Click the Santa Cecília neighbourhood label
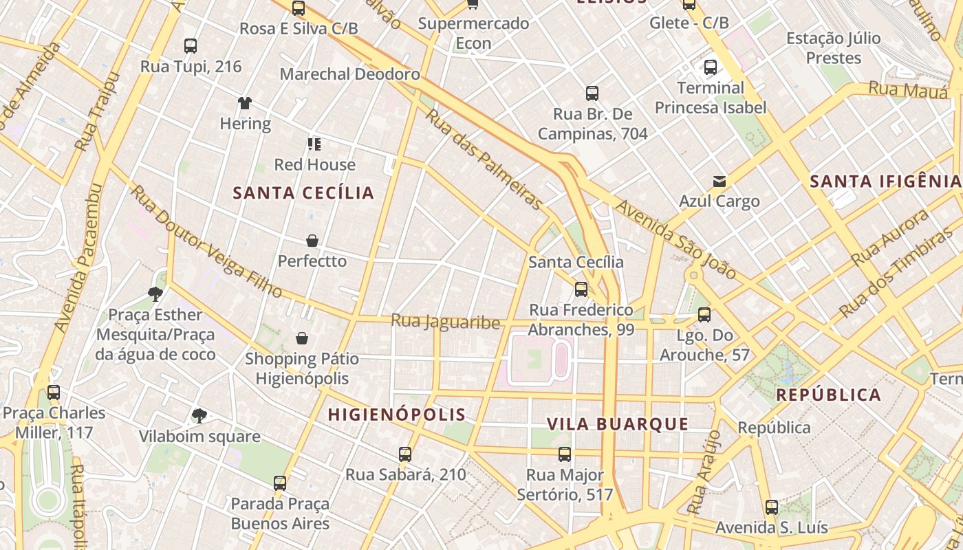303,193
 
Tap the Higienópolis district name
397,415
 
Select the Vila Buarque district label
618,424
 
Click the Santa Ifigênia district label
885,181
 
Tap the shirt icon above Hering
245,104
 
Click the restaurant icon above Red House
314,144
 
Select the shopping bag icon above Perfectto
312,241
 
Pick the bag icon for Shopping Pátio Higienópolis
301,338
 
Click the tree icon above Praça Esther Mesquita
155,294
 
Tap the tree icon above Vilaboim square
199,415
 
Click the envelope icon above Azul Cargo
719,181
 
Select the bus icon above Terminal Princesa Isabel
711,67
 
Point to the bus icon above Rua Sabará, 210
405,454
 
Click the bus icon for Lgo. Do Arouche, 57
704,315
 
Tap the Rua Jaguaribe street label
445,321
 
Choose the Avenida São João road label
675,239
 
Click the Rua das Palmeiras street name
484,158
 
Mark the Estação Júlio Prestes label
833,48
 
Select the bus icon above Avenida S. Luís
772,507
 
